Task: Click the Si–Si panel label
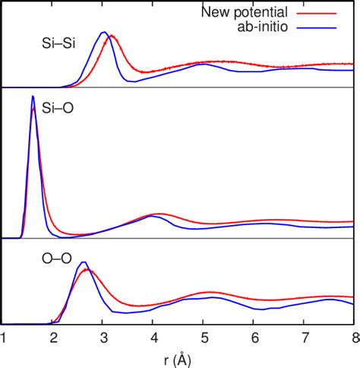pyautogui.click(x=57, y=45)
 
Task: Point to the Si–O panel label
pyautogui.click(x=55, y=119)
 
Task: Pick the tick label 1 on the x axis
pyautogui.click(x=4, y=338)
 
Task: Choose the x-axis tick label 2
pyautogui.click(x=53, y=338)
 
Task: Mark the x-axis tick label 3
pyautogui.click(x=103, y=338)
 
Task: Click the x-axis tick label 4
pyautogui.click(x=153, y=338)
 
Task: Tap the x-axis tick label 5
pyautogui.click(x=204, y=338)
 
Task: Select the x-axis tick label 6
pyautogui.click(x=254, y=338)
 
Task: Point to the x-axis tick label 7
pyautogui.click(x=304, y=338)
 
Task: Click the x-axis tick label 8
pyautogui.click(x=353, y=338)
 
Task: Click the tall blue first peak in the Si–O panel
pyautogui.click(x=33, y=97)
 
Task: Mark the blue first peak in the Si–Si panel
pyautogui.click(x=104, y=33)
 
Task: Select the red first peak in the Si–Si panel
pyautogui.click(x=112, y=36)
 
